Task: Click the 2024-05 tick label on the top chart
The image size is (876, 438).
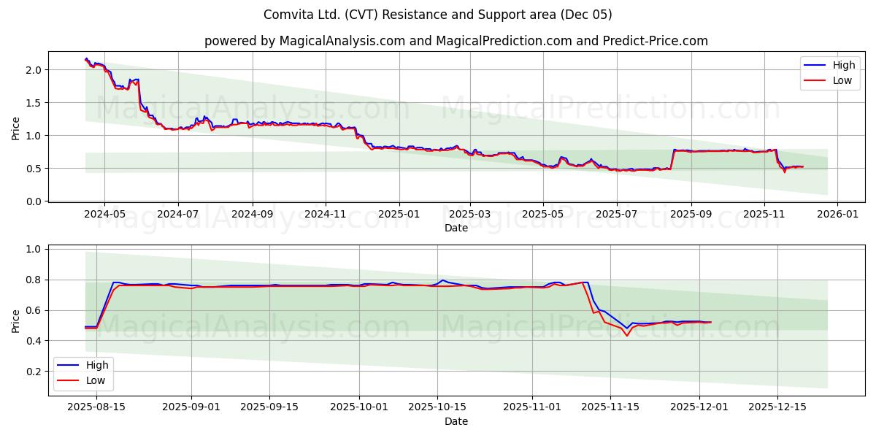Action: (104, 215)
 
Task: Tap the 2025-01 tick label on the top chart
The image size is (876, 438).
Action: (399, 215)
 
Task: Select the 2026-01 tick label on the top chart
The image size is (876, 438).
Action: (837, 215)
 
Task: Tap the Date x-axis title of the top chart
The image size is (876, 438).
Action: (456, 228)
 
